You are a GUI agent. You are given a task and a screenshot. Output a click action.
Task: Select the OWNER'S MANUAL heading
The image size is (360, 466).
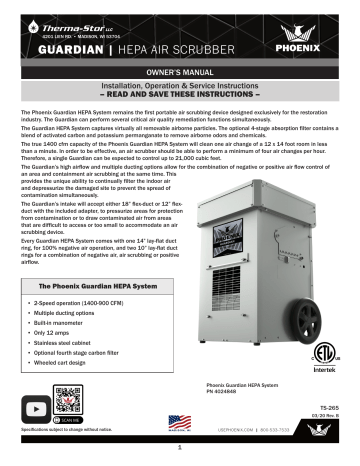(179, 73)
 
